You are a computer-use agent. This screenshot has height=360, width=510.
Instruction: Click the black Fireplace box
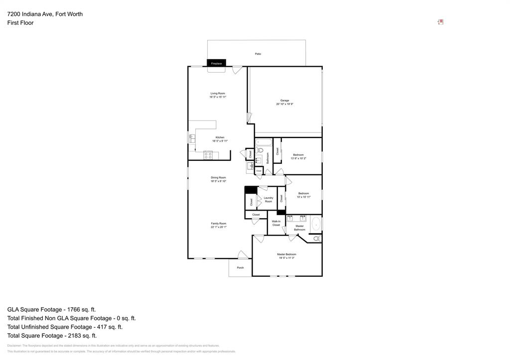pyautogui.click(x=216, y=63)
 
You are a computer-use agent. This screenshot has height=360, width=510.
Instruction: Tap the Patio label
pyautogui.click(x=258, y=54)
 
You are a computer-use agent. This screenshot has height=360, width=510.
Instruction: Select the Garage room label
pyautogui.click(x=284, y=100)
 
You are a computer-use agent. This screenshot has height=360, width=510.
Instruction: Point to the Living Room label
pyautogui.click(x=218, y=93)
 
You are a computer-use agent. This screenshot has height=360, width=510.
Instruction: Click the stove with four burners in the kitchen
pyautogui.click(x=208, y=155)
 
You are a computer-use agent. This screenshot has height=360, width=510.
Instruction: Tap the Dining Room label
pyautogui.click(x=218, y=177)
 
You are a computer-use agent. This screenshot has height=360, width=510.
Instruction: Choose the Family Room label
pyautogui.click(x=218, y=224)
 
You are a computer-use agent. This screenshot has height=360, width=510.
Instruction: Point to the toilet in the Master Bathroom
pyautogui.click(x=317, y=239)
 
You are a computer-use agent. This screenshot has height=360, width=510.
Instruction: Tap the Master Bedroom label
pyautogui.click(x=286, y=254)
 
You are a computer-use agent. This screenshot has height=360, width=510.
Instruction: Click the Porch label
pyautogui.click(x=240, y=268)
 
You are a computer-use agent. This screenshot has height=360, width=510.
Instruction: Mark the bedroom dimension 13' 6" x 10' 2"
pyautogui.click(x=298, y=158)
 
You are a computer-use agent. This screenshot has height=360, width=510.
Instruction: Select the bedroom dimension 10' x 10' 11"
pyautogui.click(x=303, y=197)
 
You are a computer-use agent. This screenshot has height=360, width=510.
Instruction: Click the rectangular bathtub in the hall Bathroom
pyautogui.click(x=264, y=142)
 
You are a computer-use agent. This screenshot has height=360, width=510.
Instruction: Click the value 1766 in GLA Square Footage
pyautogui.click(x=74, y=309)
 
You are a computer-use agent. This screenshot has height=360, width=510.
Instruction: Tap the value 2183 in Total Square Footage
pyautogui.click(x=75, y=336)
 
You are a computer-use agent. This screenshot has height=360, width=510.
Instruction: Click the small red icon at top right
pyautogui.click(x=440, y=22)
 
